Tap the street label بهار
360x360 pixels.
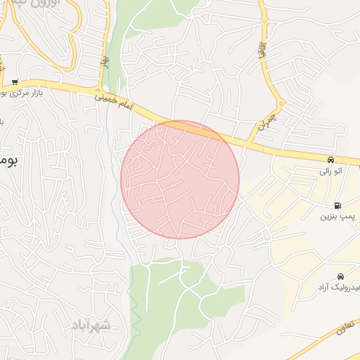coord(105,67)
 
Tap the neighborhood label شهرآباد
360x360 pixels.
coord(91,325)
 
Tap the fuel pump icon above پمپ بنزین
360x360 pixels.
coord(338,206)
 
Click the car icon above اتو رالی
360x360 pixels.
coord(331,160)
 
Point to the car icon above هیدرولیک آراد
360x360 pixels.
coord(340,276)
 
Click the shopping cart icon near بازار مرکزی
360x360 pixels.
coord(15,82)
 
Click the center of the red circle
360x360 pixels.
coord(180,180)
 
